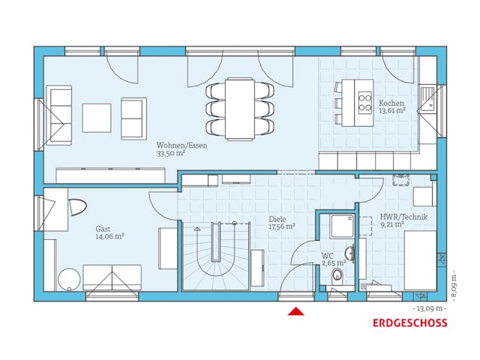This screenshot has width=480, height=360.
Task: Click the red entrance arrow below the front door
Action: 296,311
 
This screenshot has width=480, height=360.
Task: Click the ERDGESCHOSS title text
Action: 409,323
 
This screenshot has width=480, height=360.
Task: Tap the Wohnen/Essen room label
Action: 181,145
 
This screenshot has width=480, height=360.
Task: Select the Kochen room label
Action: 391,103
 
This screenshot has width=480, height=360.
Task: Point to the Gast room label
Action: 103,229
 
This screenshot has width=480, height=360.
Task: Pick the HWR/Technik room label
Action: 382,217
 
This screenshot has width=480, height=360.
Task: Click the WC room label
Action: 328,256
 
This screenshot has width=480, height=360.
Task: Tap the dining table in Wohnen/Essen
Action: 240,109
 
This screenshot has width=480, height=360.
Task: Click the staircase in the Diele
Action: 216,256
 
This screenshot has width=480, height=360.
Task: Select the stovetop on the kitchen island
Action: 365,101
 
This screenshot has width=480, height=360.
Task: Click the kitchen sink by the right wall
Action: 427,99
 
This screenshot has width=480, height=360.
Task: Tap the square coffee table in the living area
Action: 97,116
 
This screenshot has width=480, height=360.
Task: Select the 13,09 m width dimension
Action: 428,308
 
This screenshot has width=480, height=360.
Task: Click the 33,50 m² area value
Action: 170,153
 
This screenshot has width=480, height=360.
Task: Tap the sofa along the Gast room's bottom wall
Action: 112,277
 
